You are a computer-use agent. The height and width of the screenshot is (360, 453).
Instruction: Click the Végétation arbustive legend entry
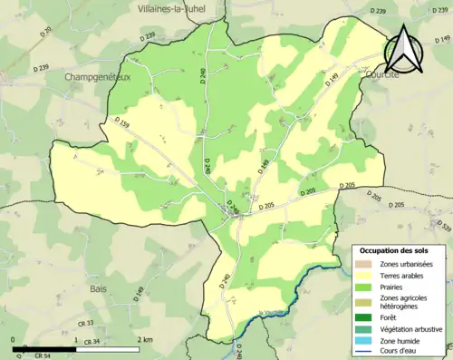click(x=411, y=328)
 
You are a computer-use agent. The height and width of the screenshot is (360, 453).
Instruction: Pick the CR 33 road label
click(x=85, y=323)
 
